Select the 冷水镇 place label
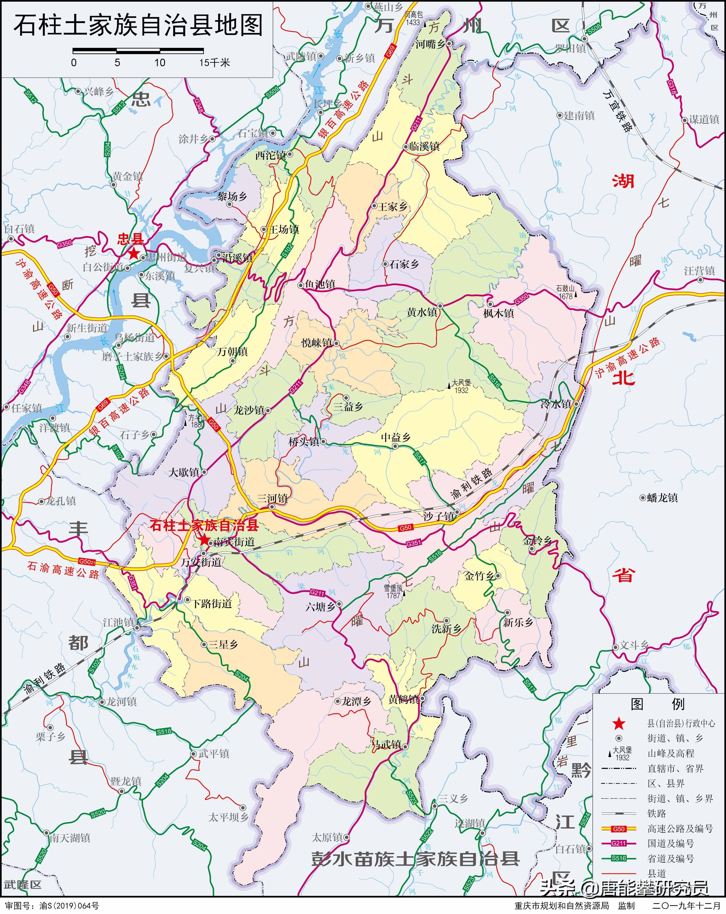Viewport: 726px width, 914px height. (x=556, y=404)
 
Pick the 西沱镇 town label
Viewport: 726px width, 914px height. (x=270, y=155)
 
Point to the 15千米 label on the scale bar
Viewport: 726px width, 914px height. (x=215, y=63)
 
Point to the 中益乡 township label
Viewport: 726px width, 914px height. (x=395, y=438)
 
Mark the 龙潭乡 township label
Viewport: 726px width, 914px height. (x=356, y=702)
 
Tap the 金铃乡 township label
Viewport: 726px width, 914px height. (x=537, y=541)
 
